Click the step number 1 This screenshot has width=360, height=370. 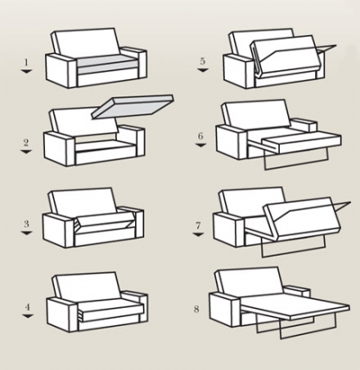click(x=26, y=62)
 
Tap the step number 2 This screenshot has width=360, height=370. click(x=26, y=142)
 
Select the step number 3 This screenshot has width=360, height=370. click(x=27, y=224)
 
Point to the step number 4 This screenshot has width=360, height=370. click(x=28, y=307)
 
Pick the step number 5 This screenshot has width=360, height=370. click(x=202, y=61)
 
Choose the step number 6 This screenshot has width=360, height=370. click(x=201, y=136)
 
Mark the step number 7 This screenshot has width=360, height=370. click(x=198, y=225)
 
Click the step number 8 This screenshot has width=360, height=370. click(x=196, y=309)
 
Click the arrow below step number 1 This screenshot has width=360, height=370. click(x=26, y=71)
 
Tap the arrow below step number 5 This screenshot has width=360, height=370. click(x=202, y=70)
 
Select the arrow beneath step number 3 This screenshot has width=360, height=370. click(x=27, y=233)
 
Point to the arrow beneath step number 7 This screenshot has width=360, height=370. click(x=198, y=234)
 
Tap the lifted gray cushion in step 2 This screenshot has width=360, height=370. click(x=133, y=107)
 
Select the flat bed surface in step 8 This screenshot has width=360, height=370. click(x=295, y=306)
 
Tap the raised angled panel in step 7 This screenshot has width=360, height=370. click(x=303, y=219)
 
